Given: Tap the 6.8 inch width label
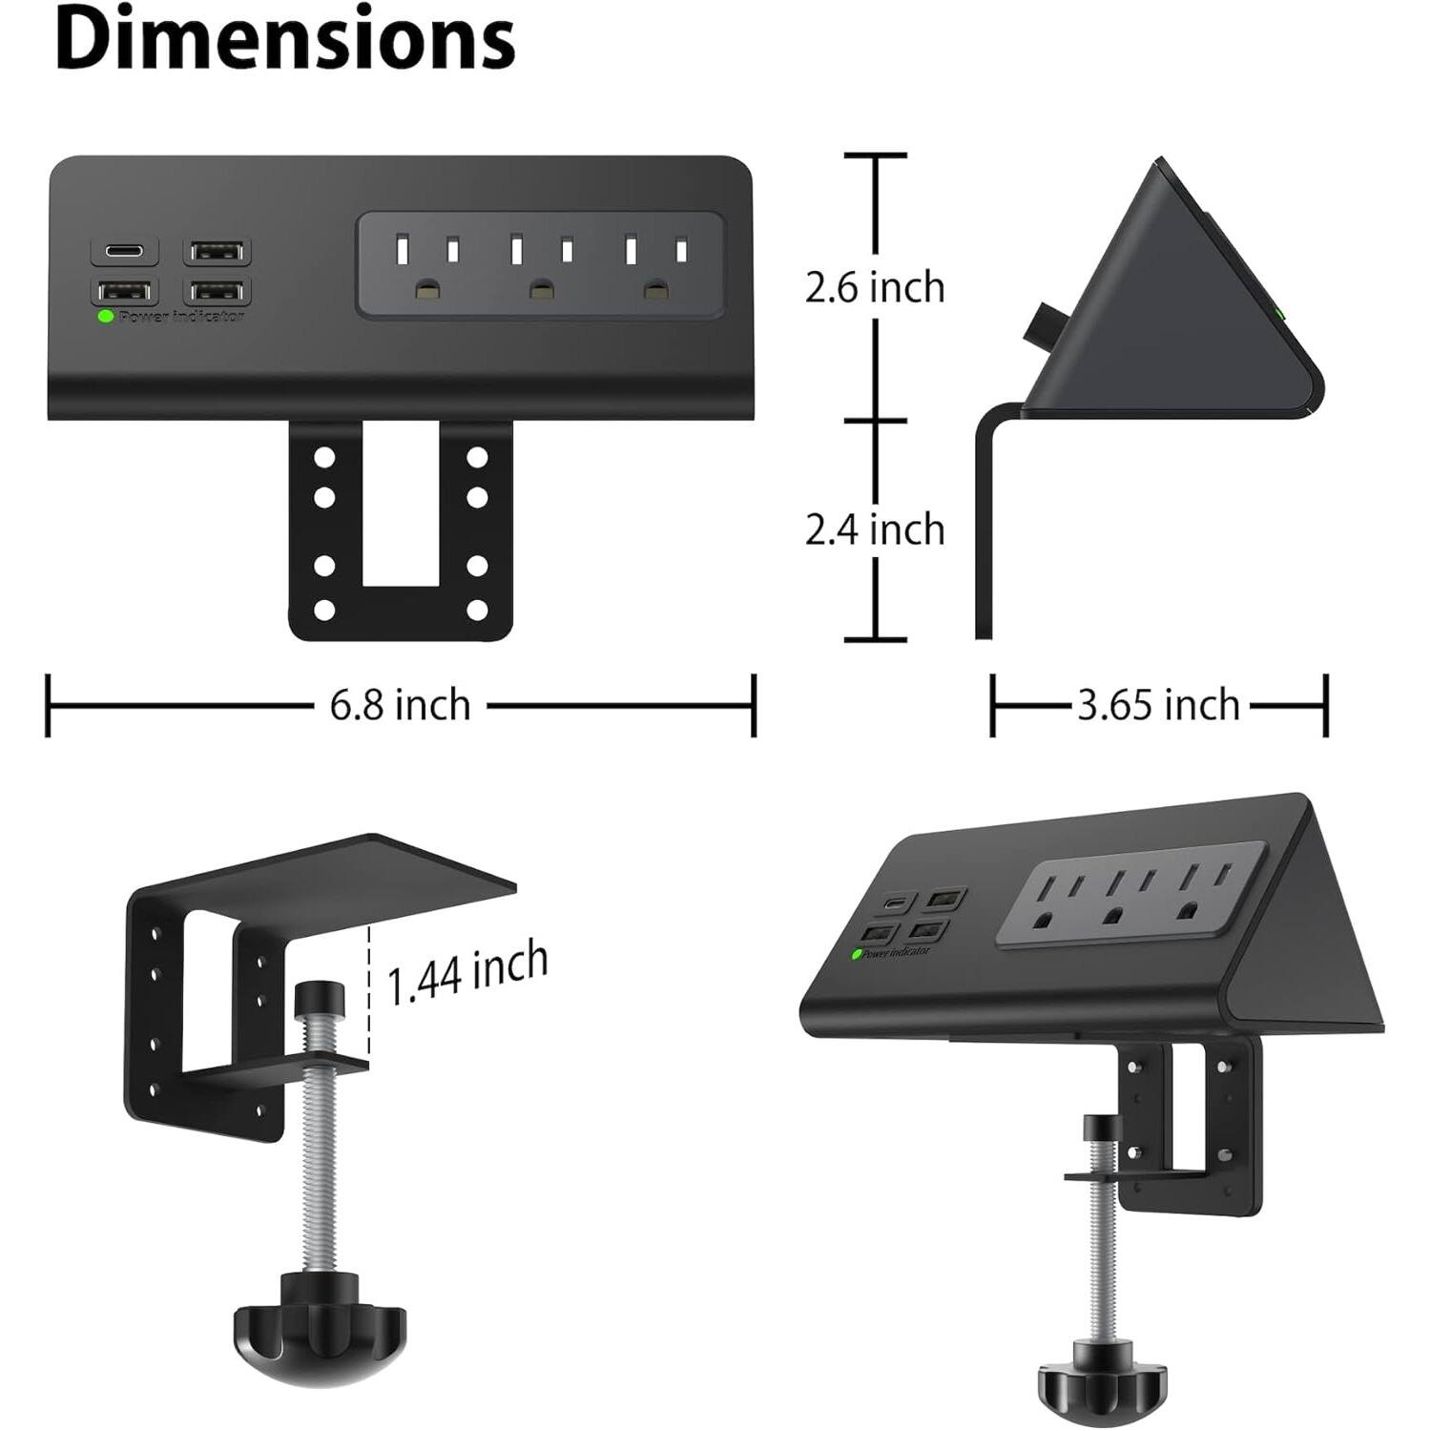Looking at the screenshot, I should click(x=400, y=706).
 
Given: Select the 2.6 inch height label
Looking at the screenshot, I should click(x=875, y=287).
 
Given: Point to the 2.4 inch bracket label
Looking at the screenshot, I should click(x=875, y=529).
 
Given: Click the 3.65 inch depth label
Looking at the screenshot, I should click(x=1158, y=706).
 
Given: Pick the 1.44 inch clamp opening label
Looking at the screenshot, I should click(x=467, y=972).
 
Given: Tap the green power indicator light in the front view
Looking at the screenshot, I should click(x=106, y=316).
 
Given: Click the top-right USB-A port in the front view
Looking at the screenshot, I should click(x=218, y=252).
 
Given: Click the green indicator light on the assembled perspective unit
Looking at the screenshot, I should click(x=856, y=953).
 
